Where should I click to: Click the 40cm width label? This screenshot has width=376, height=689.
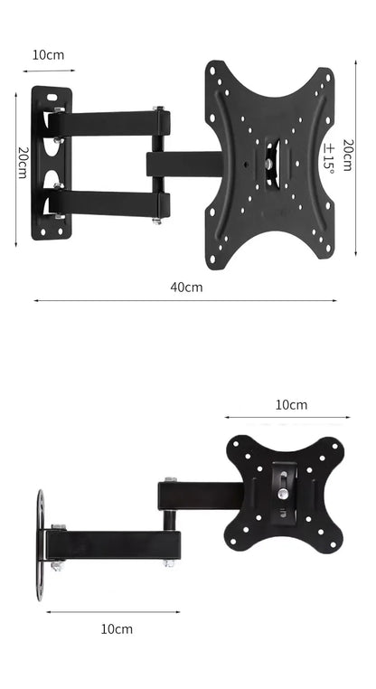pyautogui.click(x=187, y=287)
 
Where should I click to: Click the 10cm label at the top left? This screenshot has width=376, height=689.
pyautogui.click(x=48, y=54)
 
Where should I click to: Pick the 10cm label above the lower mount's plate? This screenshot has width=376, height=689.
pyautogui.click(x=291, y=404)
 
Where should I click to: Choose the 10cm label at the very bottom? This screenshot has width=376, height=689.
pyautogui.click(x=117, y=628)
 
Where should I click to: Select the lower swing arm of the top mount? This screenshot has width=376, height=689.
pyautogui.click(x=108, y=203)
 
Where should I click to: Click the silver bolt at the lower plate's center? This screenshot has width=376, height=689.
pyautogui.click(x=283, y=495)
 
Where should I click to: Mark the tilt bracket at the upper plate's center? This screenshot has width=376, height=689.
pyautogui.click(x=271, y=165)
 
